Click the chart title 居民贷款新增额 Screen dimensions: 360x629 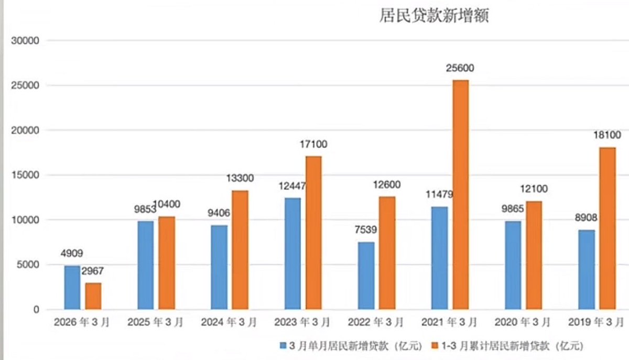click(x=434, y=16)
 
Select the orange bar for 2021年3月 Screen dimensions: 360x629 click(x=461, y=194)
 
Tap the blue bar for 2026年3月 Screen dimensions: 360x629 click(x=72, y=288)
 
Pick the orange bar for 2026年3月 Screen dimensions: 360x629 click(x=93, y=296)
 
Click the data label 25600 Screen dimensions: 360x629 click(x=461, y=69)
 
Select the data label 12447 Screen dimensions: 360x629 click(x=292, y=186)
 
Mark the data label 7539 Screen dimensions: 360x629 click(x=366, y=230)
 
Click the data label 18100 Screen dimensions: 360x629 click(x=608, y=136)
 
